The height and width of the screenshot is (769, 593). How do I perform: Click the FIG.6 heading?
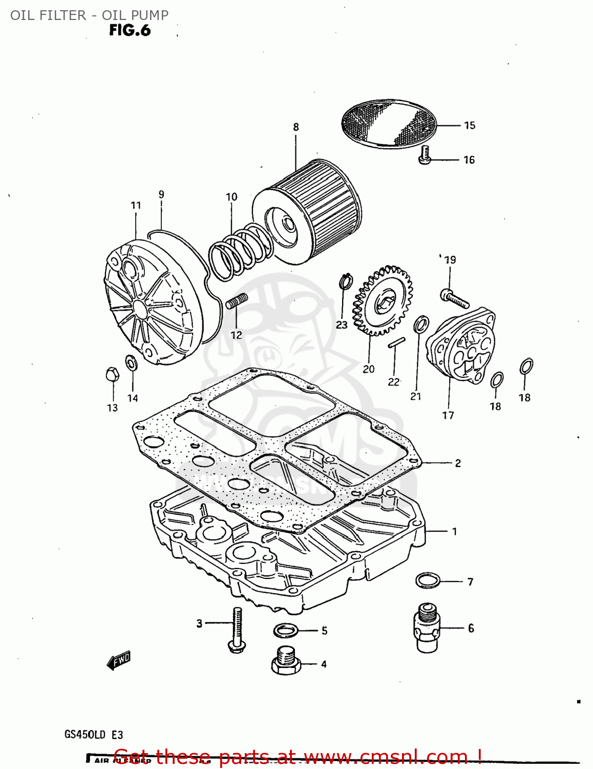130,31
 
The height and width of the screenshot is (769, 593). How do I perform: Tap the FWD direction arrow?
119,660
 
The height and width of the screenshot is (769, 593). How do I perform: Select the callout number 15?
469,126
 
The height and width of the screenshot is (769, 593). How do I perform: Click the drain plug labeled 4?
285,662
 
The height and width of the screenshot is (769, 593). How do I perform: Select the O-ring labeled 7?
428,581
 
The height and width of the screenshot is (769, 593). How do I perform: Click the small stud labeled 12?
237,301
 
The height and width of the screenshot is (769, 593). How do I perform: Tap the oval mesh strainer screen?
389,123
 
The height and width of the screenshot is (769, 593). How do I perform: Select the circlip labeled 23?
346,282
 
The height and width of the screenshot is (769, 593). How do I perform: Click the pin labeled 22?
396,342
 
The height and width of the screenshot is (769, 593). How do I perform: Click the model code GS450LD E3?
94,735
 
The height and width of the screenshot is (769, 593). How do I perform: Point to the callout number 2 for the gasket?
457,463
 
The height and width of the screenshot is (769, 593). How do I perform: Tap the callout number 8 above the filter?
296,127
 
